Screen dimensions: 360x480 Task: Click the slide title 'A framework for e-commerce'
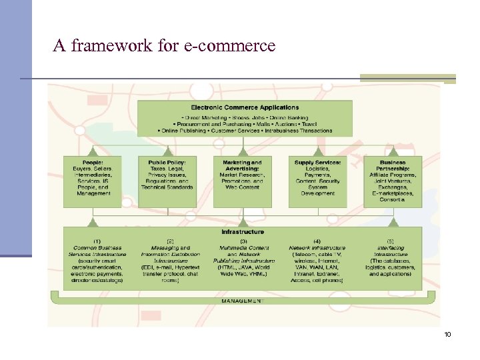tap(164, 46)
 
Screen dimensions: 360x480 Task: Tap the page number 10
tap(447, 334)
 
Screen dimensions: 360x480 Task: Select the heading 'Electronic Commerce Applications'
tap(245, 107)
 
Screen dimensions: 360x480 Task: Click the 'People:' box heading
tap(93, 162)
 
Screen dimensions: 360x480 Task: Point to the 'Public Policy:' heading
tap(167, 162)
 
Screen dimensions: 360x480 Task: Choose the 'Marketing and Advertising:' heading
tap(242, 165)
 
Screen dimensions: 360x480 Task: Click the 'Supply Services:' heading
tap(318, 162)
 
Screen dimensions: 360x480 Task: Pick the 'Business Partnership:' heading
tap(392, 165)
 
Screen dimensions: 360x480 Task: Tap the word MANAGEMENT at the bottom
tap(243, 301)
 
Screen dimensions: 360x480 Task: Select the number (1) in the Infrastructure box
tap(97, 241)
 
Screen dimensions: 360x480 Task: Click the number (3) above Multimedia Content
tap(243, 241)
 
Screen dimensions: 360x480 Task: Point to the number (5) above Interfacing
tap(391, 241)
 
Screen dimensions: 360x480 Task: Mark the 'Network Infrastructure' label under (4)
tap(317, 247)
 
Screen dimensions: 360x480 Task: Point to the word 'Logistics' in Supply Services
tap(318, 169)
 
